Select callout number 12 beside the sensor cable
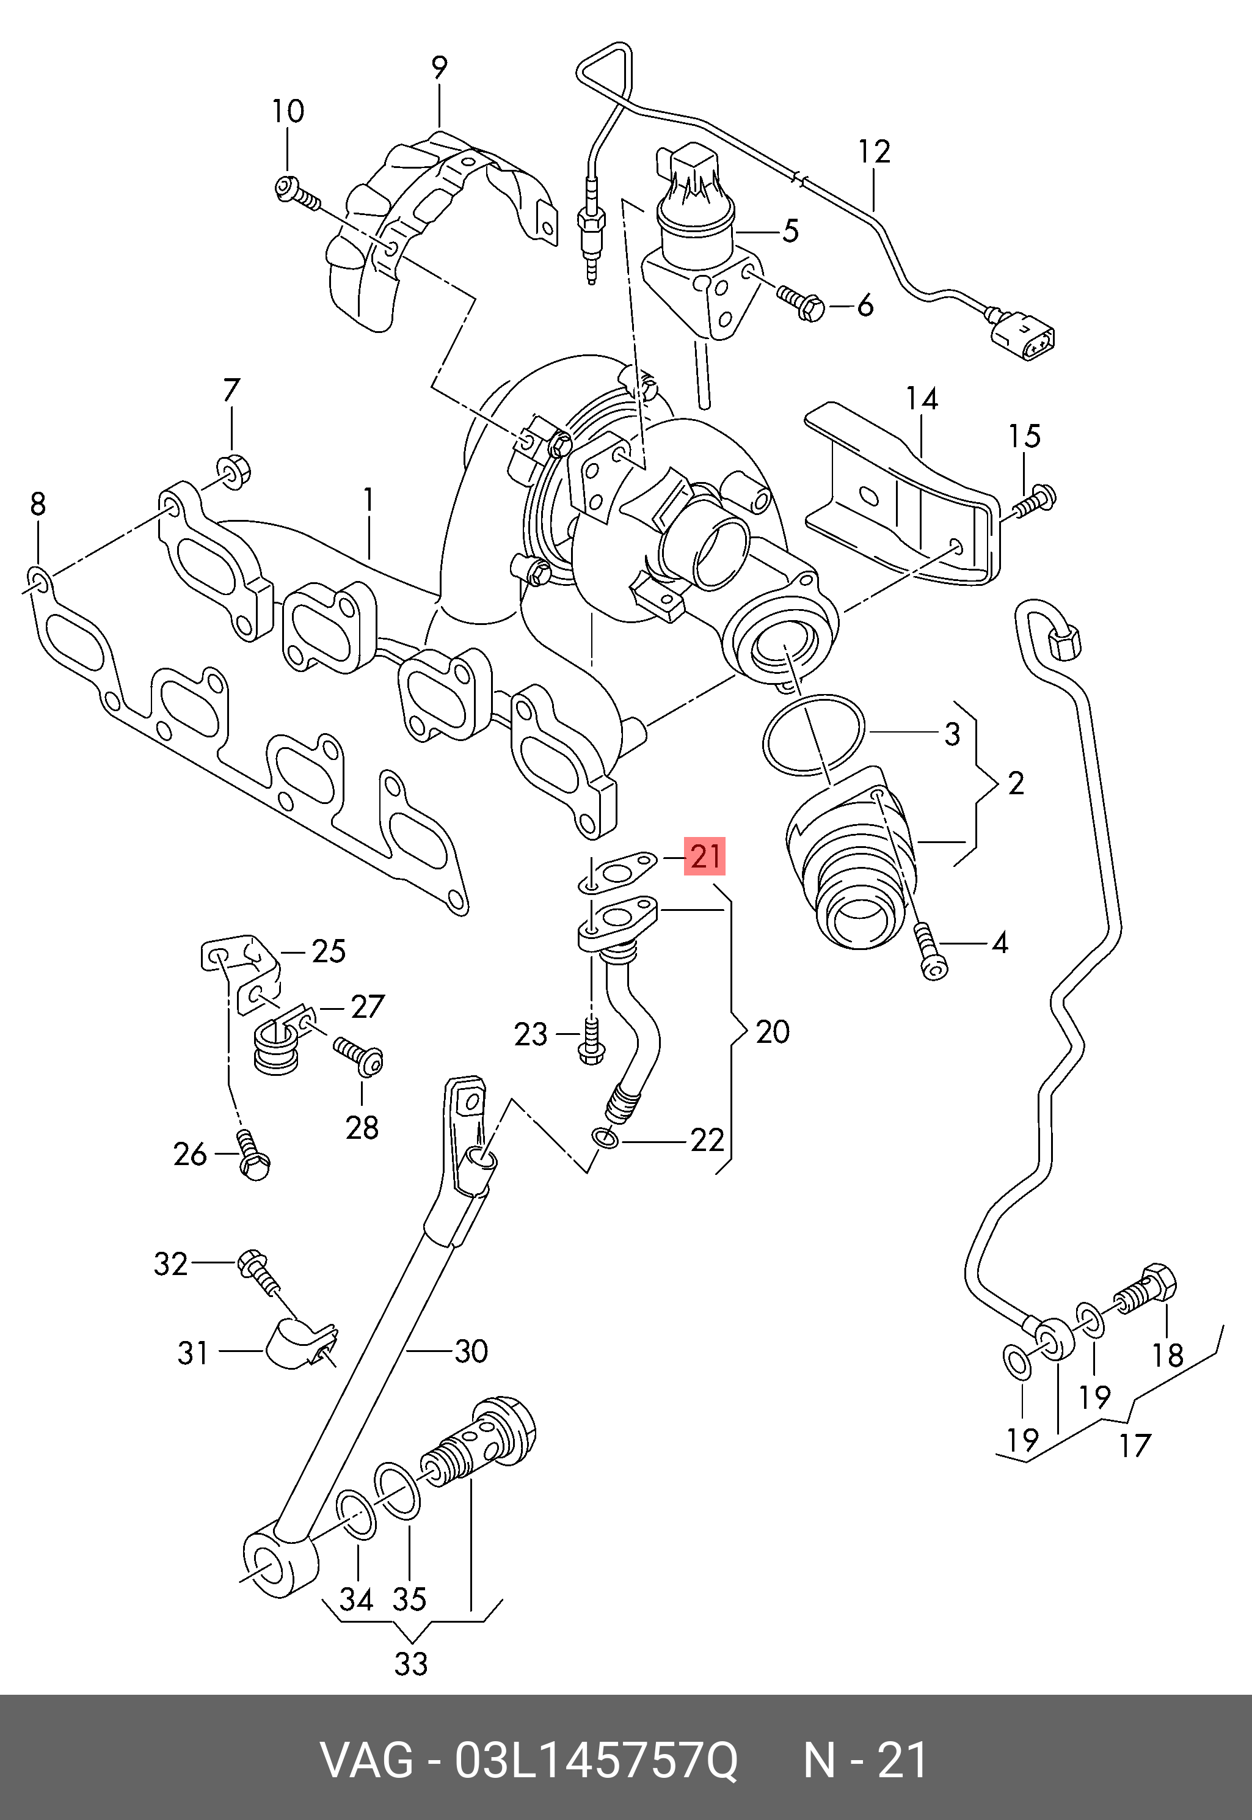point(874,152)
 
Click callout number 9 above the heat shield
point(439,68)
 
